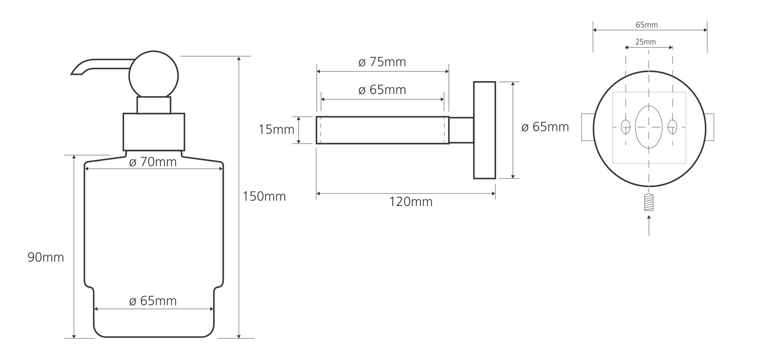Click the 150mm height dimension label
click(x=264, y=197)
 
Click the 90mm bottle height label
click(x=46, y=257)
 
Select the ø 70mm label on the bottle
click(x=153, y=162)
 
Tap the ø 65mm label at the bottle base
click(x=153, y=301)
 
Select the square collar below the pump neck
click(x=154, y=132)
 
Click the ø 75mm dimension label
click(x=382, y=62)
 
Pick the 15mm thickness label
click(x=276, y=129)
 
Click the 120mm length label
click(x=411, y=202)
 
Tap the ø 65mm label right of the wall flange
click(x=545, y=127)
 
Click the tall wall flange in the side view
click(x=484, y=130)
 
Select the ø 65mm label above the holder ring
click(x=382, y=90)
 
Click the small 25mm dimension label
click(x=645, y=42)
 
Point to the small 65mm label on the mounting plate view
click(x=646, y=25)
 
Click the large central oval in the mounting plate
click(x=649, y=127)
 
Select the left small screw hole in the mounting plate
click(x=626, y=127)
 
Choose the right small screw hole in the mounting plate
click(x=672, y=127)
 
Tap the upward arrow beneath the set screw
click(x=649, y=224)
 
